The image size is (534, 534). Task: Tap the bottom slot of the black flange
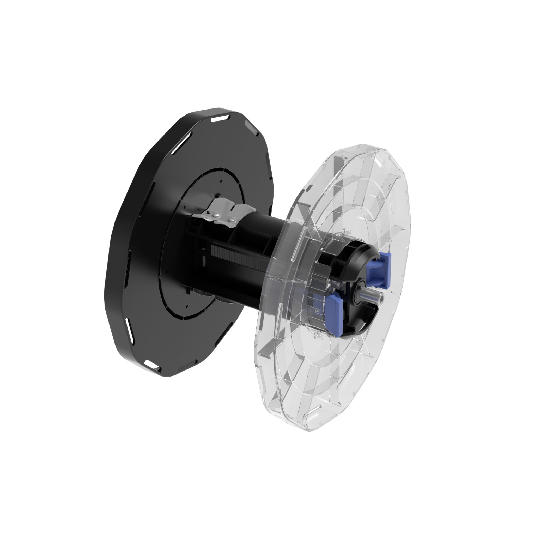coord(151,364)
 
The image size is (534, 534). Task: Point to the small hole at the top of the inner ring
coord(221,181)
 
